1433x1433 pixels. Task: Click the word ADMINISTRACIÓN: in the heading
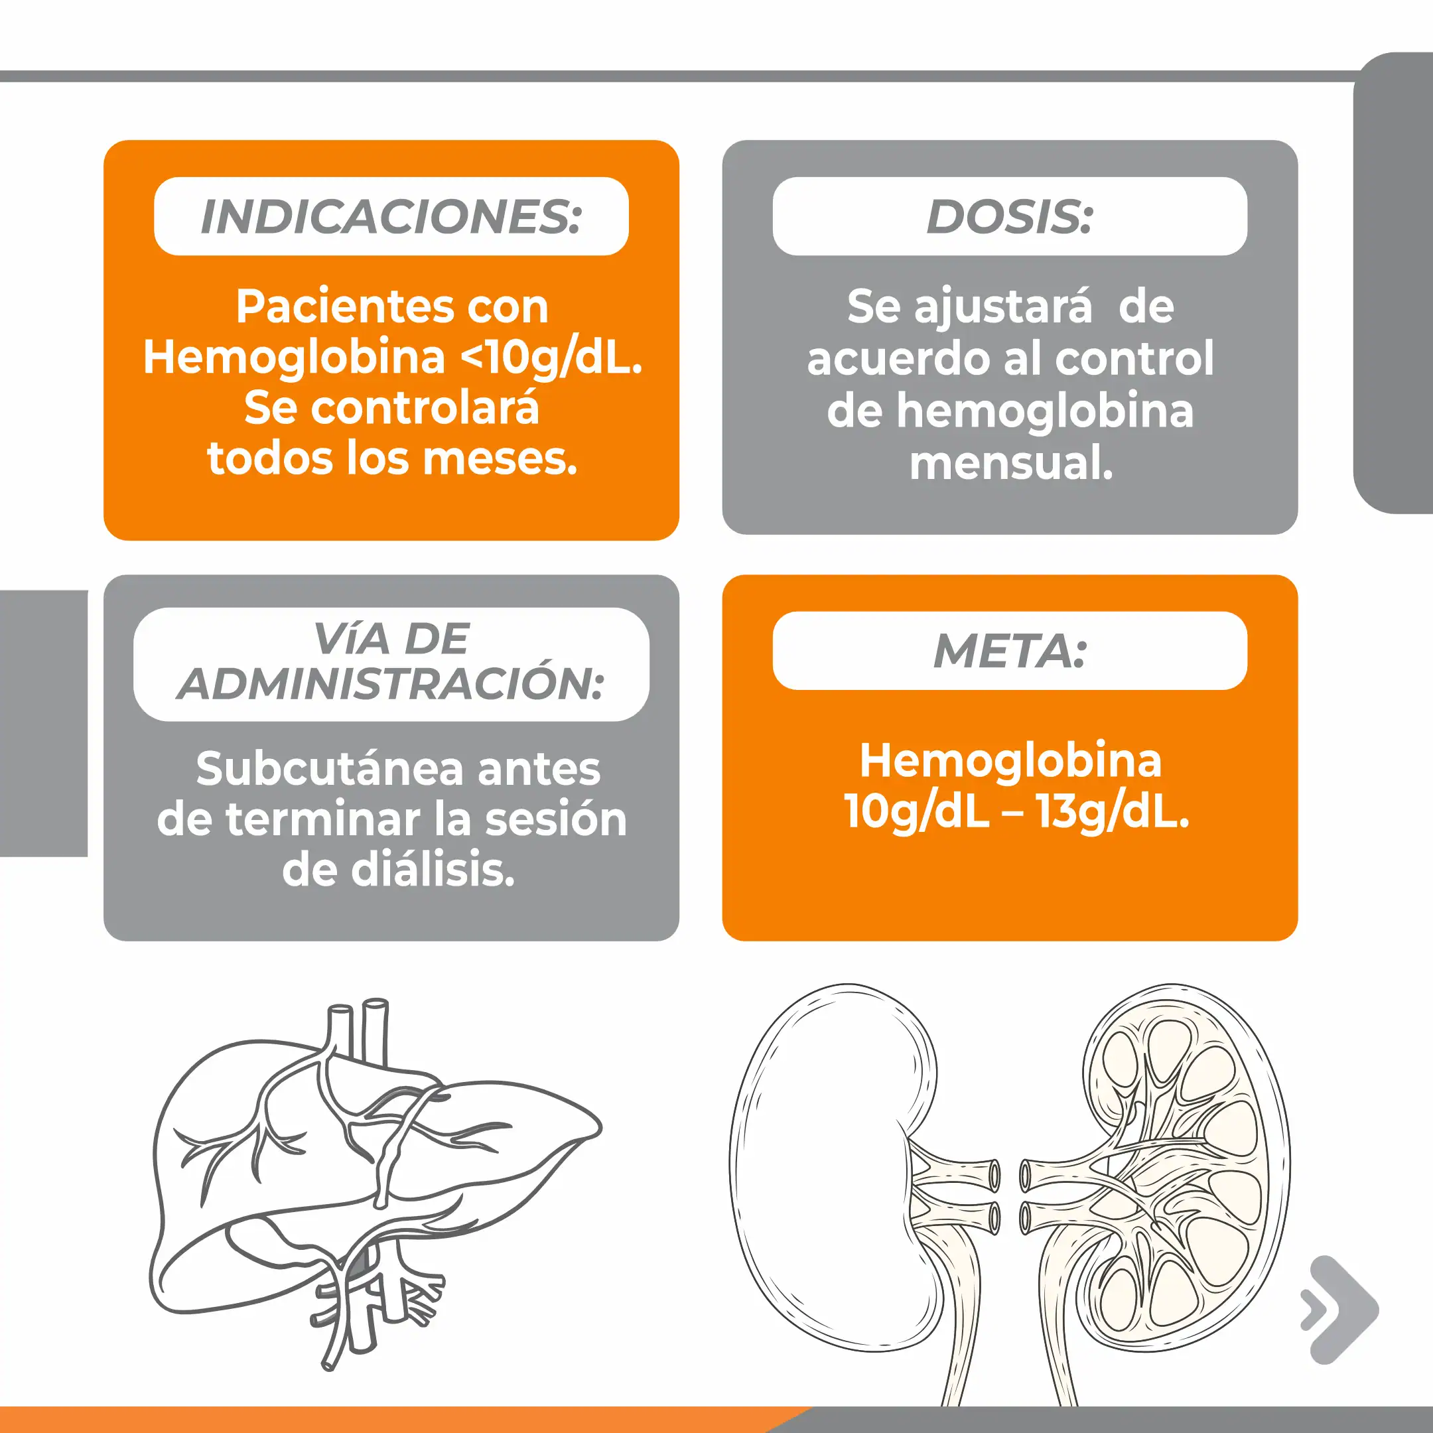[x=391, y=683]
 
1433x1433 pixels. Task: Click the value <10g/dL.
[x=552, y=358]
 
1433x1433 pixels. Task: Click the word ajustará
[x=1003, y=307]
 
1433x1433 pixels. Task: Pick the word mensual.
[x=1011, y=464]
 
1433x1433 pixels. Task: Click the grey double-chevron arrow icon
[x=1339, y=1310]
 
